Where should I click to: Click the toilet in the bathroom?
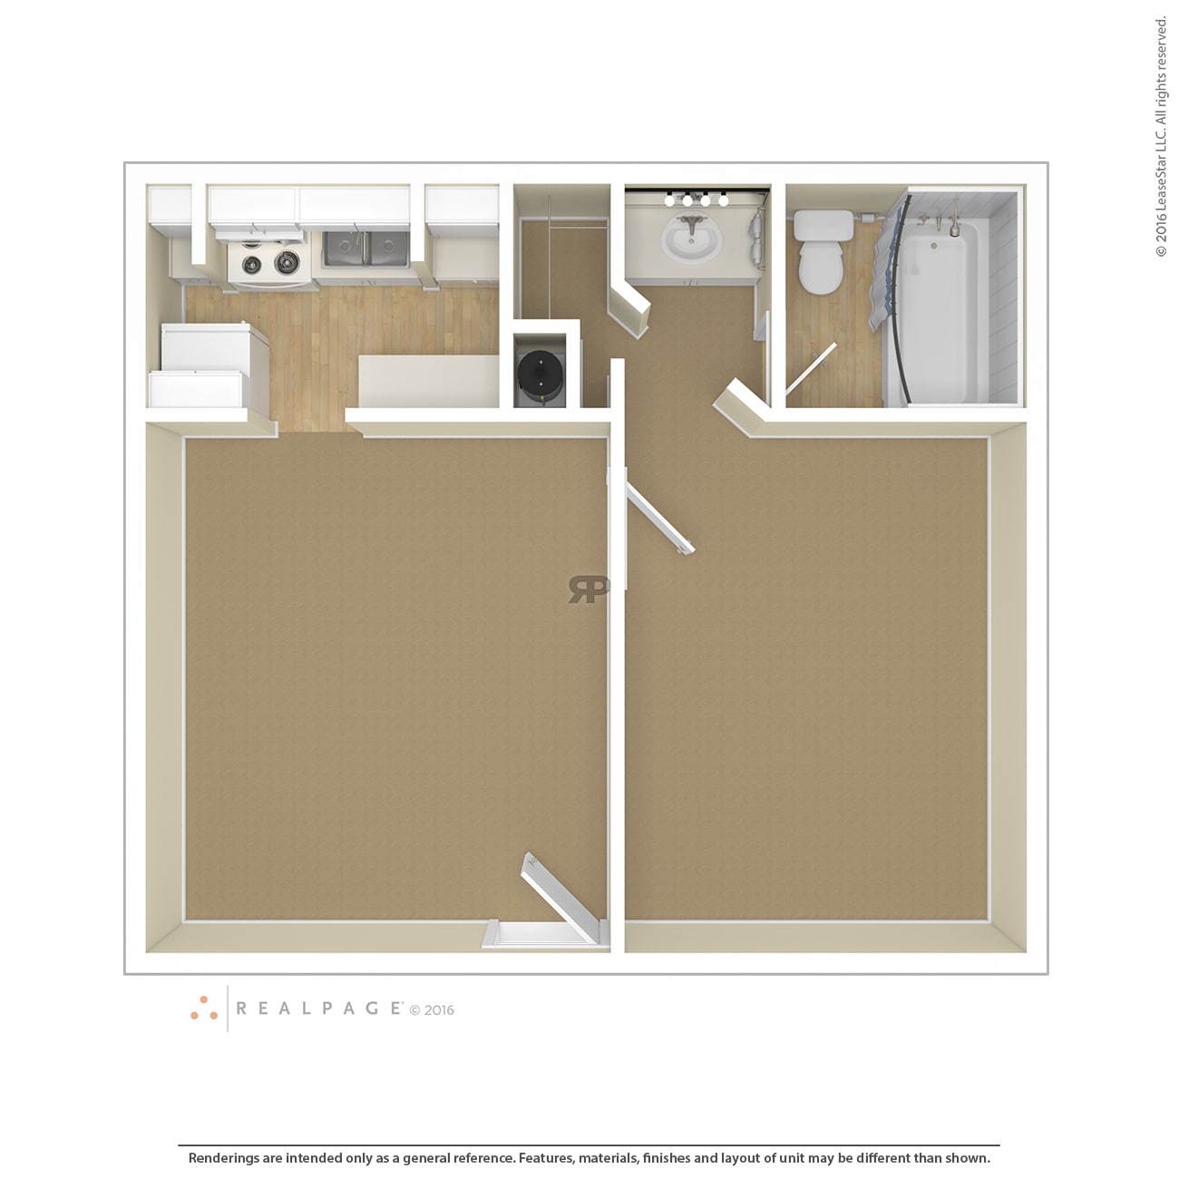click(822, 267)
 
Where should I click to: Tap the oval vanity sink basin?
click(691, 242)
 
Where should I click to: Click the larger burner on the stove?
click(287, 262)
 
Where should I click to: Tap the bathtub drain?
click(933, 246)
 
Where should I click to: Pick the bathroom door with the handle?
click(811, 369)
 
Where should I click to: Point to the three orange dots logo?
click(204, 1008)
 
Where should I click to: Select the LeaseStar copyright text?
click(1161, 136)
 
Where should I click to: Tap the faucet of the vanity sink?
click(693, 223)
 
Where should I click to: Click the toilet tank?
click(823, 225)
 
